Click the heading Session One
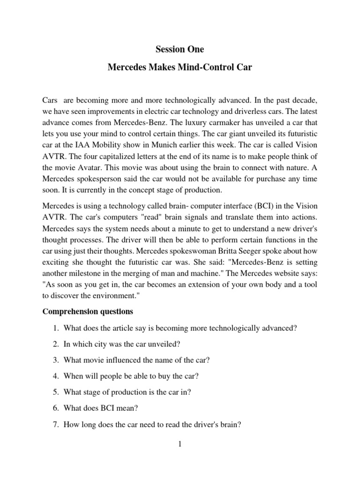point(180,49)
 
